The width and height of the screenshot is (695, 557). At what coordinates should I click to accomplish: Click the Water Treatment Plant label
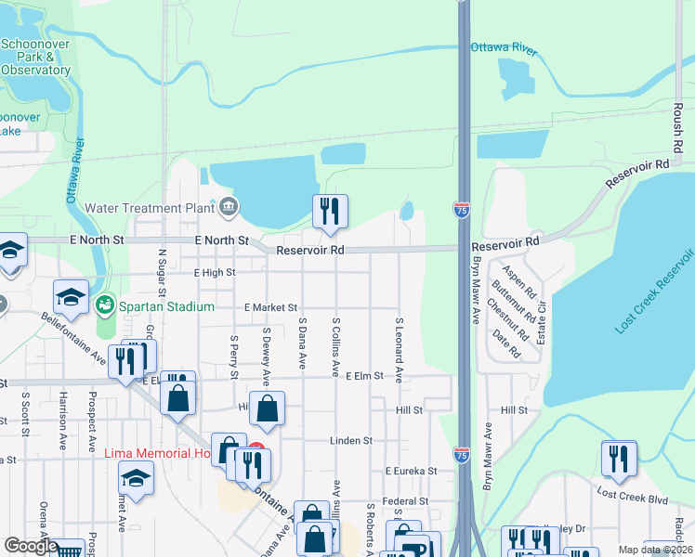click(150, 208)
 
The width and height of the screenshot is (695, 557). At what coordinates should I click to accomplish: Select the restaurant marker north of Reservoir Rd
click(329, 213)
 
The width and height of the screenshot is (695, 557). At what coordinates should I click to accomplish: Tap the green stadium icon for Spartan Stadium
click(106, 304)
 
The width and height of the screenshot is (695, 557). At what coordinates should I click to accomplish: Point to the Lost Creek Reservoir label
click(655, 291)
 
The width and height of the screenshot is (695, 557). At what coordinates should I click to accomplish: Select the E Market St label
click(270, 307)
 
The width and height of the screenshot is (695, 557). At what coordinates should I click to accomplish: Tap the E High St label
click(215, 273)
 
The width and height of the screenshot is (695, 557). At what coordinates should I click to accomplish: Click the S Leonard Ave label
click(399, 350)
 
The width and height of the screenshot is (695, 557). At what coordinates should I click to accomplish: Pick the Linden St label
click(353, 441)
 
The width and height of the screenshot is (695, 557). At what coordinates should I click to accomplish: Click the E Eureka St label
click(411, 472)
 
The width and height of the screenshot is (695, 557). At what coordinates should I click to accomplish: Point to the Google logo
click(31, 546)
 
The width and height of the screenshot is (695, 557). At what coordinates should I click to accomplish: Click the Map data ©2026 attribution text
click(655, 550)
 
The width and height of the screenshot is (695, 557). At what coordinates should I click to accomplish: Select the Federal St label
click(404, 501)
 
